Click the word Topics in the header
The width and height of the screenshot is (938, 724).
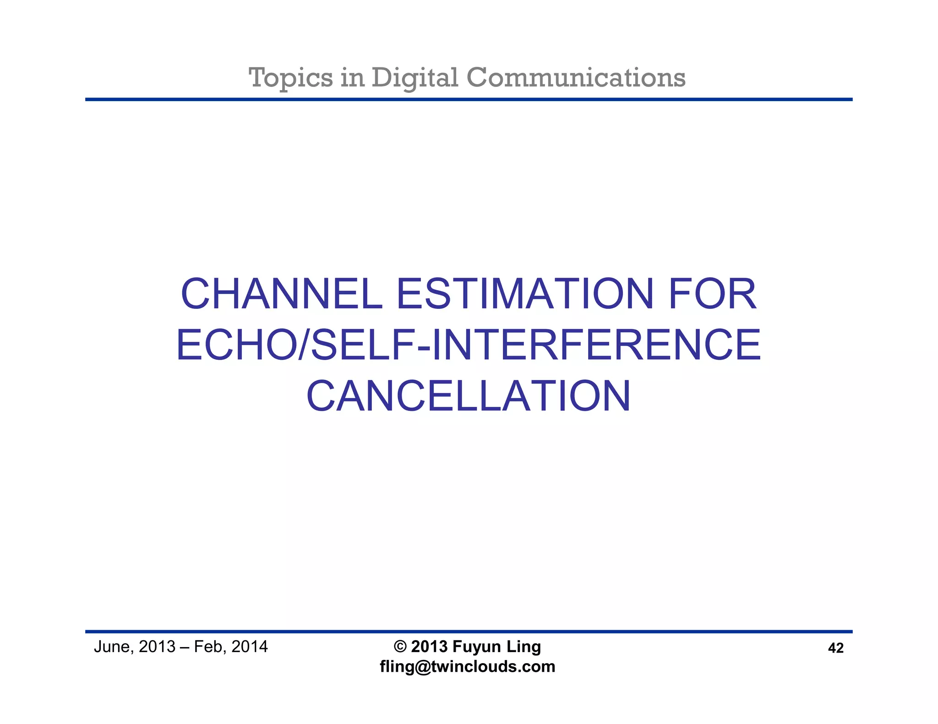(x=290, y=78)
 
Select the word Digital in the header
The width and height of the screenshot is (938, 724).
(x=415, y=78)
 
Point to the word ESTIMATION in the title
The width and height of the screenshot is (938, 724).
(x=524, y=294)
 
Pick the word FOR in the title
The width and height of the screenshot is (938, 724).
(x=712, y=294)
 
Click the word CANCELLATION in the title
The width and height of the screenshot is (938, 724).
(x=469, y=396)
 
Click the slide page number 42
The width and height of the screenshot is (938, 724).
(x=836, y=648)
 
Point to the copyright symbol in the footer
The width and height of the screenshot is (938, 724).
(x=400, y=647)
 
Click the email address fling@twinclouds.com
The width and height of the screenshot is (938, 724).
(x=468, y=666)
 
